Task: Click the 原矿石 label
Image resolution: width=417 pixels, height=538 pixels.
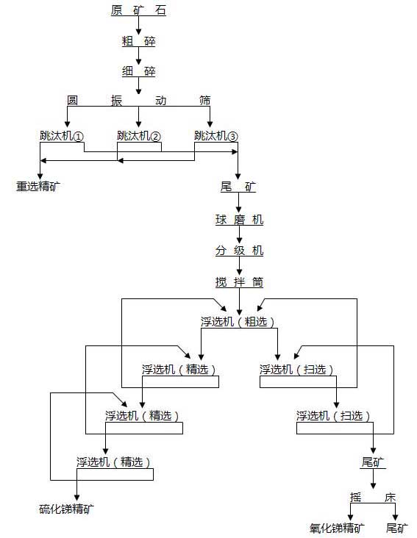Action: [x=138, y=10]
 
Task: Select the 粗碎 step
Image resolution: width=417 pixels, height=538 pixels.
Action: [x=138, y=41]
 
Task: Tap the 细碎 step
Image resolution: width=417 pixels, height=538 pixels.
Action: [x=138, y=71]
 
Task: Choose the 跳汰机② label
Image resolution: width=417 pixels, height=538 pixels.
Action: [x=139, y=136]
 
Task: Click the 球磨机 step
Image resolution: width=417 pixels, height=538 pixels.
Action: [x=239, y=220]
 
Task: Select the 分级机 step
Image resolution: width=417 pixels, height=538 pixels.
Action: [x=239, y=251]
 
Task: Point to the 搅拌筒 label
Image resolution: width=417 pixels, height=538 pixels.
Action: [x=239, y=282]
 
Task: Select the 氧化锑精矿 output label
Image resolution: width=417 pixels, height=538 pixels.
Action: [x=337, y=527]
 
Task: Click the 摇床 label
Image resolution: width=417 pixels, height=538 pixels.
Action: [x=373, y=498]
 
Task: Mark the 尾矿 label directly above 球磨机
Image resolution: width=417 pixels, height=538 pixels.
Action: [x=239, y=187]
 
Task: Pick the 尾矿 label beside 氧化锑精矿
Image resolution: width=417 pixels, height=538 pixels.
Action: [x=398, y=527]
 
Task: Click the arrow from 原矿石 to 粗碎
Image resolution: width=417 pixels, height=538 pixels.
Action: [x=138, y=25]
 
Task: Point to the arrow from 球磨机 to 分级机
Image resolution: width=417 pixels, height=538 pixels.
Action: [x=239, y=235]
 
